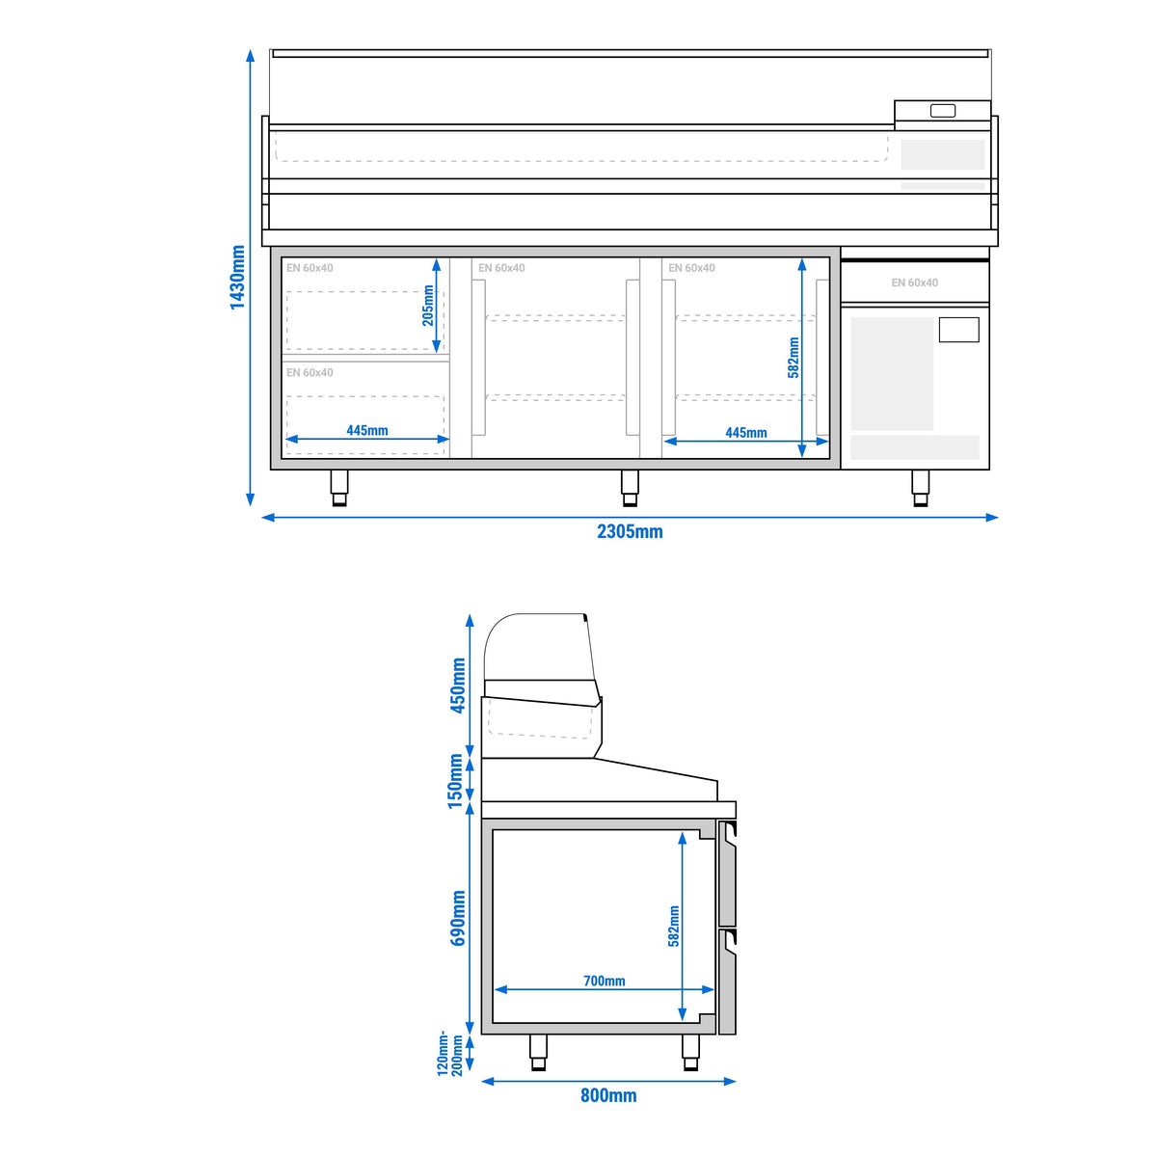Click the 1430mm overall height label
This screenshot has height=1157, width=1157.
point(238,277)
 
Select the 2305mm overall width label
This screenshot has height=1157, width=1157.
point(630,531)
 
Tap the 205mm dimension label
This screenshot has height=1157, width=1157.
point(427,306)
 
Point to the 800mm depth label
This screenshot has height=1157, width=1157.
point(608,1095)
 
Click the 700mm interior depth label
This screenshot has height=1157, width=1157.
point(604,981)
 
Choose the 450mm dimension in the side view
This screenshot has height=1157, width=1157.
point(458,686)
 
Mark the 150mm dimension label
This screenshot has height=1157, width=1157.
point(456,781)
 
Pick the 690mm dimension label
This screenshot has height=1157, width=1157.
point(458,918)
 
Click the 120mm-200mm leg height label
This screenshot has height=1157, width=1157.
point(450,1054)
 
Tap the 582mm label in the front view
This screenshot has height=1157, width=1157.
point(794,358)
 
